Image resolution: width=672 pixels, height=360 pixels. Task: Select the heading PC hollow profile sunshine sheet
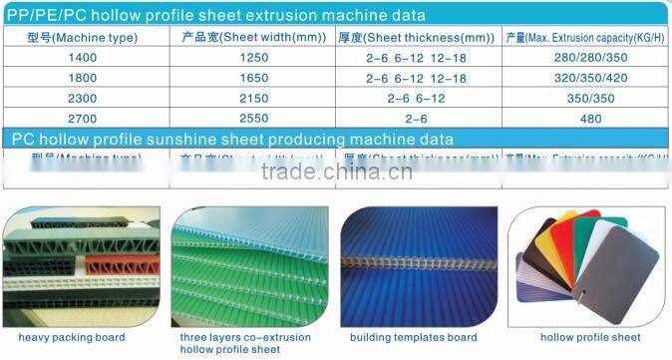(231, 139)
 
